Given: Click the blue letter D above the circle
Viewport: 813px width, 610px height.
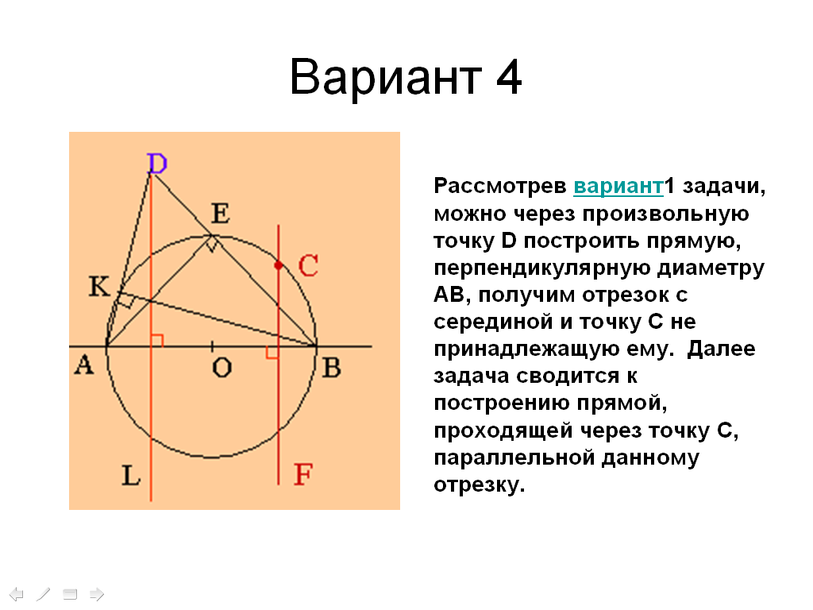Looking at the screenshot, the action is coord(157,164).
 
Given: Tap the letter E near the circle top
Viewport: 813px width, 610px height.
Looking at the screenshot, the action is coord(221,213).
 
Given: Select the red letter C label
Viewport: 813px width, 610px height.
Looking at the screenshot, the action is coord(308,265).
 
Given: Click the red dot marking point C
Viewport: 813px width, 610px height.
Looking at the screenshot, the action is coord(279,265).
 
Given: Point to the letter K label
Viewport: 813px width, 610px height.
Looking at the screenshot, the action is coord(99,286).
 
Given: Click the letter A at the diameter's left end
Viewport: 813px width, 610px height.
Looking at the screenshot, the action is coord(84,365).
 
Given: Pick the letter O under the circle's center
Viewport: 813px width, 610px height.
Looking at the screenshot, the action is coord(222,368).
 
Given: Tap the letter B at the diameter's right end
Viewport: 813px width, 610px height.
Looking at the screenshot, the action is coord(332,368).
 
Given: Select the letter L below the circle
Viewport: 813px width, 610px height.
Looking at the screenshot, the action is coord(131,475).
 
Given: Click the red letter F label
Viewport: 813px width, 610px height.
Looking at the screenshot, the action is coord(302,474).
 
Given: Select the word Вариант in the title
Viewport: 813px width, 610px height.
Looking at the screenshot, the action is coord(386,77).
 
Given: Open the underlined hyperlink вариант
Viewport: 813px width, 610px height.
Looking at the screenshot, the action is coord(618,186).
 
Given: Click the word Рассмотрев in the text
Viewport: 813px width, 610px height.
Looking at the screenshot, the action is coord(500,186).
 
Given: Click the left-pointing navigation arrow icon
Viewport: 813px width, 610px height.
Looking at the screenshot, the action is coord(17,594).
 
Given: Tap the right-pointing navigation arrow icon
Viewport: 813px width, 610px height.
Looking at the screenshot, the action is coord(97,594).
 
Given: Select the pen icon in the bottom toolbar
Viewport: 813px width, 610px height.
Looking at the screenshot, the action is coord(43,594).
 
